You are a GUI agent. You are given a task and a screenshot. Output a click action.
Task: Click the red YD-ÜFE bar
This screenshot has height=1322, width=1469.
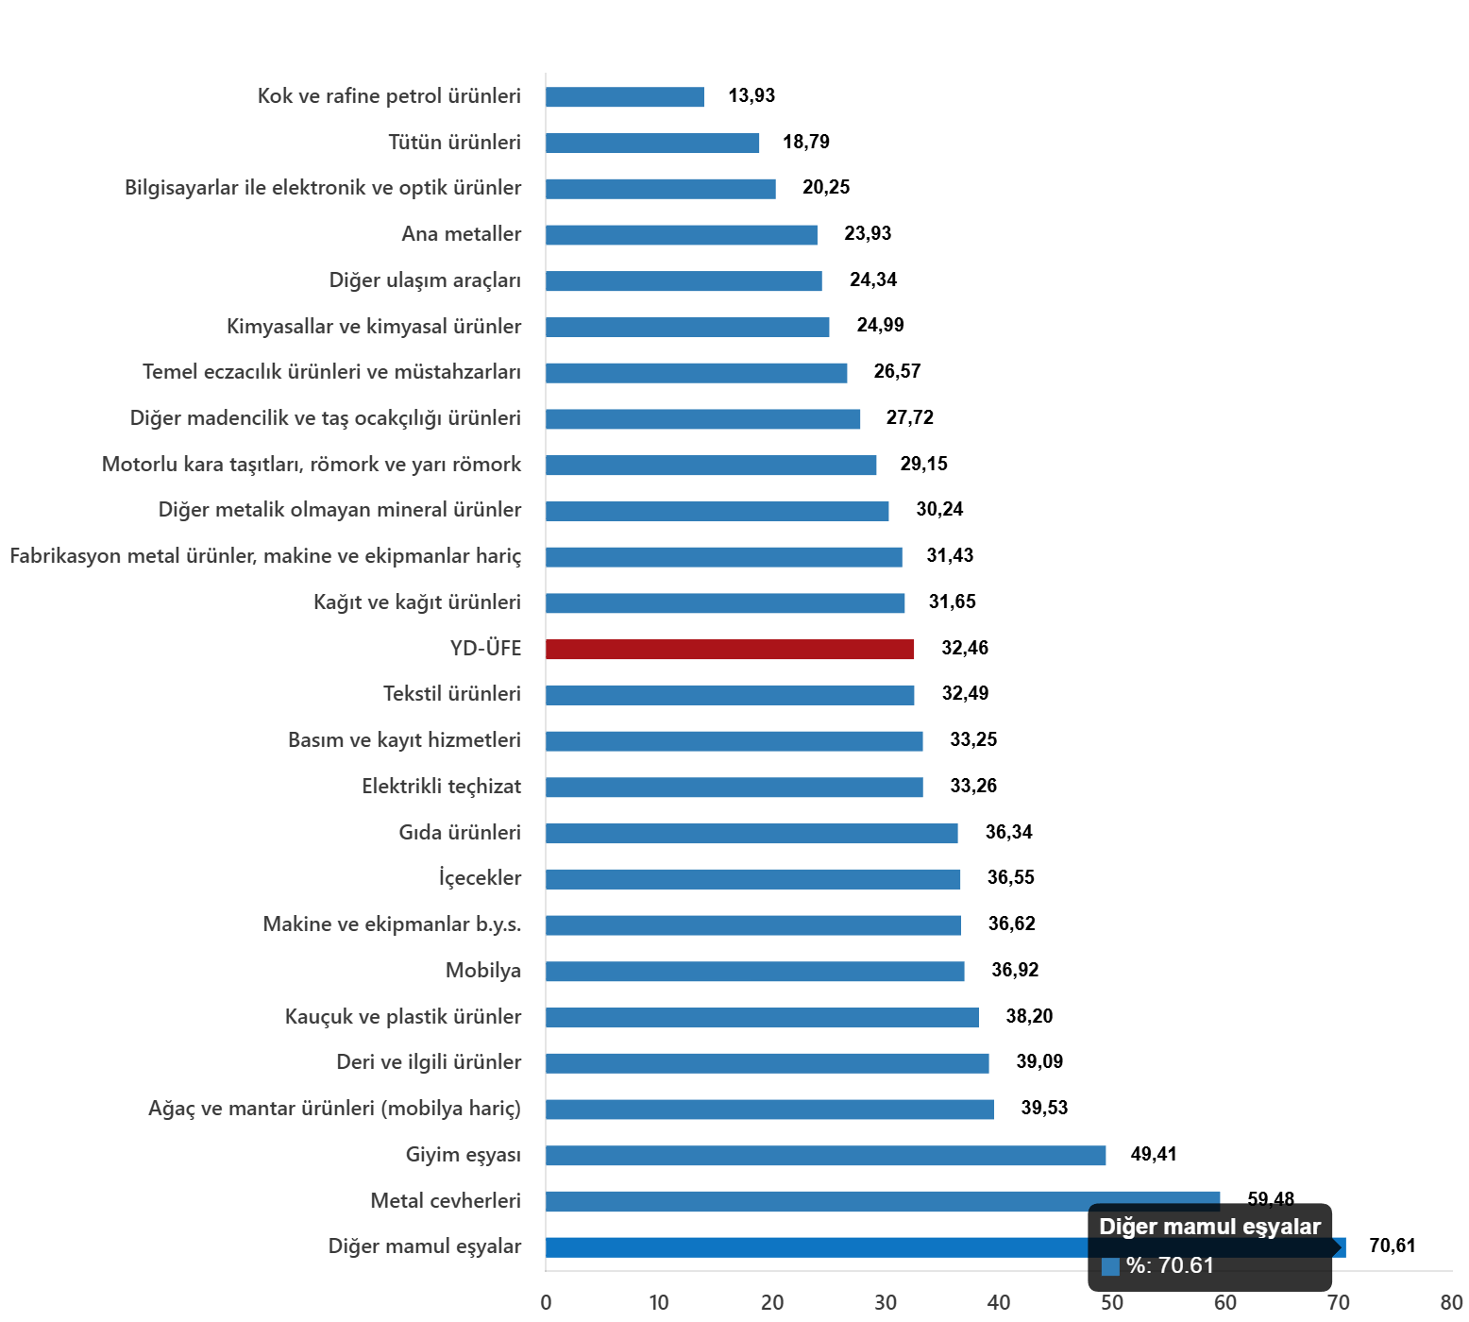click(x=730, y=650)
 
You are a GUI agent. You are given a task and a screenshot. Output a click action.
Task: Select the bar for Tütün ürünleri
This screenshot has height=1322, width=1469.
click(x=652, y=144)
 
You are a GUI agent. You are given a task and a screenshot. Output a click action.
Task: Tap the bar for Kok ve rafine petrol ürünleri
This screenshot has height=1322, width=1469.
click(x=625, y=97)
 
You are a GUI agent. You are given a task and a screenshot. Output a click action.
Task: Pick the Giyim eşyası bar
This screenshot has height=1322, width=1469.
click(x=825, y=1156)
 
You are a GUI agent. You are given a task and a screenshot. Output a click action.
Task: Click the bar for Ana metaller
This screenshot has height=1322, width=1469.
click(x=682, y=235)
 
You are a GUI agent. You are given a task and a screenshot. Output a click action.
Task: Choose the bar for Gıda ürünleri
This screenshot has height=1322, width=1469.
click(x=751, y=833)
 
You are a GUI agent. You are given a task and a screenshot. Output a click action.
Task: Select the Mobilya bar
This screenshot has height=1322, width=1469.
click(x=755, y=972)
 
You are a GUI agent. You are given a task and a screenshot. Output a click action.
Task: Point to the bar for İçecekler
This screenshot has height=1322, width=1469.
click(x=753, y=879)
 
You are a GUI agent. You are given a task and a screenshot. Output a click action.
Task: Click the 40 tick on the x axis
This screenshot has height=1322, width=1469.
click(x=998, y=1302)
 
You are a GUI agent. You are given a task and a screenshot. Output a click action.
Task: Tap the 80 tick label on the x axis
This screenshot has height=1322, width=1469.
click(x=1451, y=1302)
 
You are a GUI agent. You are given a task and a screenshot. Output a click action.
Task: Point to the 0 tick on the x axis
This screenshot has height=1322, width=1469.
click(x=546, y=1302)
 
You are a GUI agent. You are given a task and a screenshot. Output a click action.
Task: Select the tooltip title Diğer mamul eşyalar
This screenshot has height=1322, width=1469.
click(x=1209, y=1227)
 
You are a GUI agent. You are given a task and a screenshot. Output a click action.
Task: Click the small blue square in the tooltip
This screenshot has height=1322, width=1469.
click(x=1110, y=1266)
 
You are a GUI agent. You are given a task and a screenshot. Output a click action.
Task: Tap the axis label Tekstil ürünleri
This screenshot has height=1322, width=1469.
click(x=452, y=694)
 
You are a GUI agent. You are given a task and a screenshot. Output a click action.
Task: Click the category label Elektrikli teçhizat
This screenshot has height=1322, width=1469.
click(x=441, y=787)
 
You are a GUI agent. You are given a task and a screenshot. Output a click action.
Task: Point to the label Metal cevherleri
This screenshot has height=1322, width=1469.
click(x=446, y=1201)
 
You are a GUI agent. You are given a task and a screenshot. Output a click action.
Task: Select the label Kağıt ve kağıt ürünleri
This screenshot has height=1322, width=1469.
click(x=417, y=602)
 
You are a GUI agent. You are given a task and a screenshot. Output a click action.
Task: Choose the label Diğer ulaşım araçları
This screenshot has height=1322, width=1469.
click(x=425, y=280)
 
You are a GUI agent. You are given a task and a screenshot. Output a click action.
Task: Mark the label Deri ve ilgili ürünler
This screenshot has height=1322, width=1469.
click(x=429, y=1062)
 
